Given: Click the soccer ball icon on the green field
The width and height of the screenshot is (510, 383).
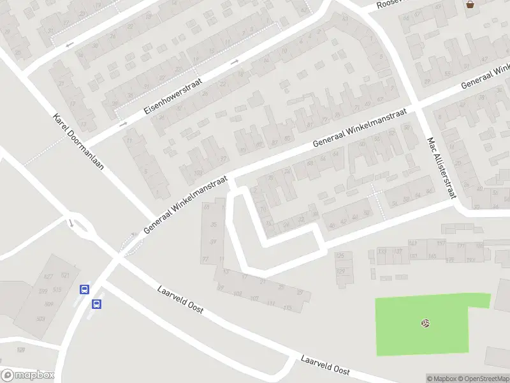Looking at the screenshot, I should tap(425, 323).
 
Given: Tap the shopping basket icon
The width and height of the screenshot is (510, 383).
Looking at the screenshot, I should tap(470, 4).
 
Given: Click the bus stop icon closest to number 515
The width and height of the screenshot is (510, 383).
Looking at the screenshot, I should tap(84, 289).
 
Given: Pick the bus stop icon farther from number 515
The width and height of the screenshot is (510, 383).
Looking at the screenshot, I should tap(97, 304).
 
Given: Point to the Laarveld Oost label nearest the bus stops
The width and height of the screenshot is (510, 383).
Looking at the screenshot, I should tap(180, 299).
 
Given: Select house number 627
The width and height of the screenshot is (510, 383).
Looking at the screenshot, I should tap(48, 277).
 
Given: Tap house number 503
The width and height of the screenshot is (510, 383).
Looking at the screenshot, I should tap(41, 319).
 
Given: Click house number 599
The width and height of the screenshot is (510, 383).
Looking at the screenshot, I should tap(43, 291).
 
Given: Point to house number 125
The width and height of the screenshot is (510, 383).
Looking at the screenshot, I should tap(340, 256).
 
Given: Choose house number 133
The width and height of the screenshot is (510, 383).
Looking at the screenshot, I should tap(382, 252).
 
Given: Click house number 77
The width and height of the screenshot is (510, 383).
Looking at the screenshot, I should tap(205, 259).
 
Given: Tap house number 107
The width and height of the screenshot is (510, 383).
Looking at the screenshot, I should tap(254, 299).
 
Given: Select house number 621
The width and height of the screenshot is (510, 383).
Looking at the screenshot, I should tap(65, 275).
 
